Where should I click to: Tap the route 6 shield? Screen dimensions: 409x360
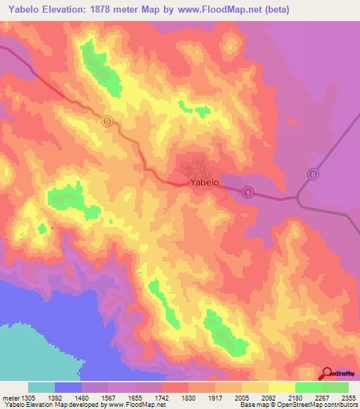(314, 174)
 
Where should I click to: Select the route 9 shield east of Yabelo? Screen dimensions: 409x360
(247, 192)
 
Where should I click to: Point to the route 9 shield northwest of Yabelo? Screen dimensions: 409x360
(107, 121)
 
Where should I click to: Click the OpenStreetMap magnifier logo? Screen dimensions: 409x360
(326, 374)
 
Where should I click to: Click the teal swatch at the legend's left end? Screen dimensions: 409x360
(41, 387)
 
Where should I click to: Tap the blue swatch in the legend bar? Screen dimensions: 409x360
(68, 387)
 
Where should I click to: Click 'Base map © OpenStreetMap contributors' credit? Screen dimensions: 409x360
(297, 405)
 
